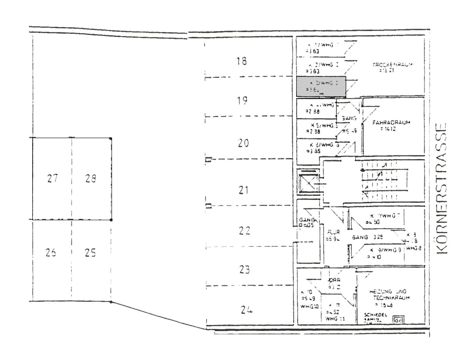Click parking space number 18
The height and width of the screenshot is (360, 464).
click(241, 61)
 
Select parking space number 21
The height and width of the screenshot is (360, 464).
click(243, 189)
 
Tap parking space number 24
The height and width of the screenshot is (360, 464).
click(246, 310)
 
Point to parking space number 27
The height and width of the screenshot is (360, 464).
click(52, 179)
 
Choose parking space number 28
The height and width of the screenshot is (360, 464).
click(91, 179)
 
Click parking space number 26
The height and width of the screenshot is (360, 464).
click(51, 252)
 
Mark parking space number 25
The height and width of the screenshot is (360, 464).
click(90, 252)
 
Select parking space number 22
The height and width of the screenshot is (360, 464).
click(245, 230)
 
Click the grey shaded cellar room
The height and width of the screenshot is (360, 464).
click(321, 87)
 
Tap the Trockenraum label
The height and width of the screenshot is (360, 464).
click(393, 65)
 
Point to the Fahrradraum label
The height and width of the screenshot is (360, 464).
click(391, 123)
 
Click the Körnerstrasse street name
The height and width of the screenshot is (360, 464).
click(441, 189)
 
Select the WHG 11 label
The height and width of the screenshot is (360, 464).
click(335, 319)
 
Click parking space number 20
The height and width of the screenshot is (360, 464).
click(244, 143)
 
